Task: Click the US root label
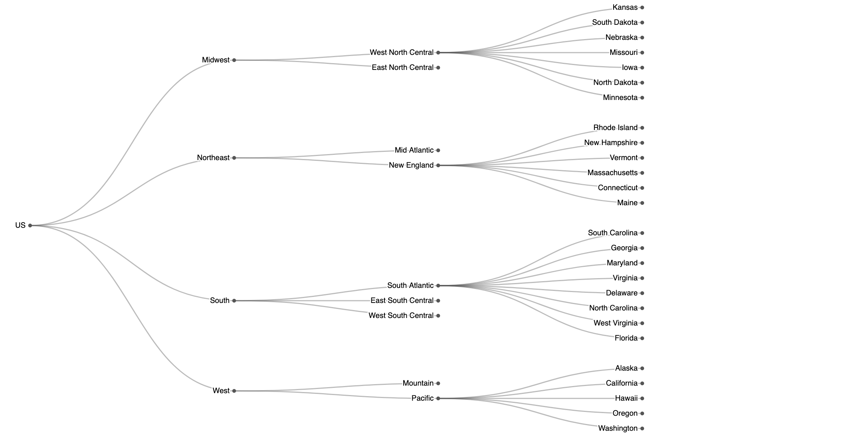pyautogui.click(x=20, y=225)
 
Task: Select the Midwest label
pyautogui.click(x=216, y=60)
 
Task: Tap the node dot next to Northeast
pyautogui.click(x=234, y=158)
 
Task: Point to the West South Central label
pyautogui.click(x=401, y=315)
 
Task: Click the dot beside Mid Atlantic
pyautogui.click(x=438, y=150)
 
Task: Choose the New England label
pyautogui.click(x=411, y=165)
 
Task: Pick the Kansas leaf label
pyautogui.click(x=625, y=7)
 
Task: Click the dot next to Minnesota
pyautogui.click(x=642, y=98)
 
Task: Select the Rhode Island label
pyautogui.click(x=615, y=127)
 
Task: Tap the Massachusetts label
pyautogui.click(x=612, y=173)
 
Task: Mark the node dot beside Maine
pyautogui.click(x=642, y=203)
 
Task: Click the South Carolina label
pyautogui.click(x=613, y=233)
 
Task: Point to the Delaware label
pyautogui.click(x=621, y=293)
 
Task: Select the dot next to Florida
pyautogui.click(x=642, y=338)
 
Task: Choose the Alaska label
pyautogui.click(x=626, y=368)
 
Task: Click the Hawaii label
pyautogui.click(x=626, y=398)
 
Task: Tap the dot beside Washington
pyautogui.click(x=642, y=428)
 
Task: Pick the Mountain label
pyautogui.click(x=418, y=383)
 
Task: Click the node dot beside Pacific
pyautogui.click(x=438, y=398)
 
